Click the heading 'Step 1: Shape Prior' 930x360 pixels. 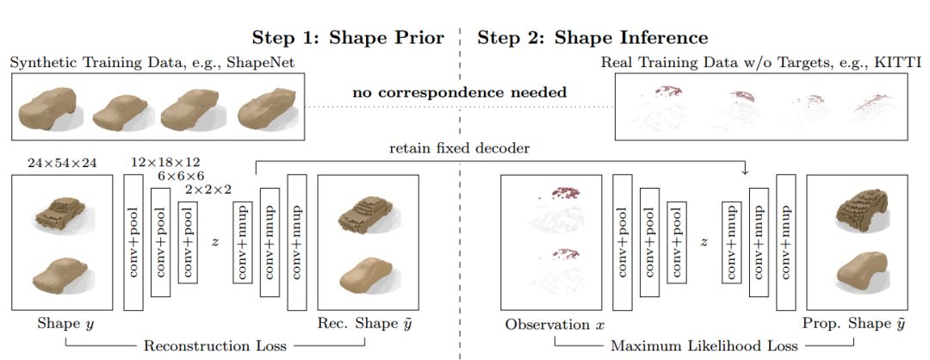(x=348, y=38)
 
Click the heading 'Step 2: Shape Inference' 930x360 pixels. (x=593, y=38)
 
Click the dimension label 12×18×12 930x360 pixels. (x=165, y=161)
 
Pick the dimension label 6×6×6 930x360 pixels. (x=180, y=174)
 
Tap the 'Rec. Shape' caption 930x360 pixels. (x=364, y=324)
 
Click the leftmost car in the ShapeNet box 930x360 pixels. (x=52, y=107)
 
